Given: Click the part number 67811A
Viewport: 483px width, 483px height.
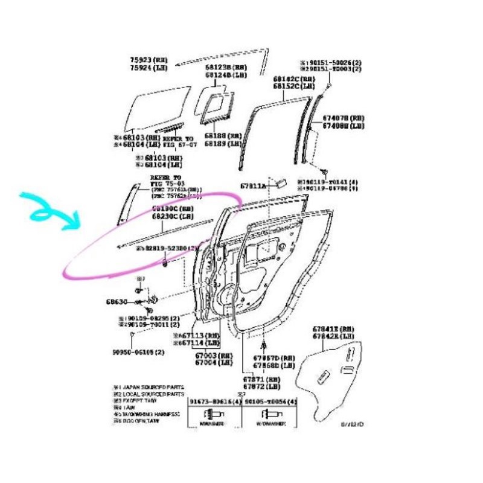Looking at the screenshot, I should (253, 186).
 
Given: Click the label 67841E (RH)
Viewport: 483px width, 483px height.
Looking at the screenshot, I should (333, 329).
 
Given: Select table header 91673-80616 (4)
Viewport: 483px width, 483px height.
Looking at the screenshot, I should (214, 401).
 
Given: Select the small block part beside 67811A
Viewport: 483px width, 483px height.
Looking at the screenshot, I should (279, 182).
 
